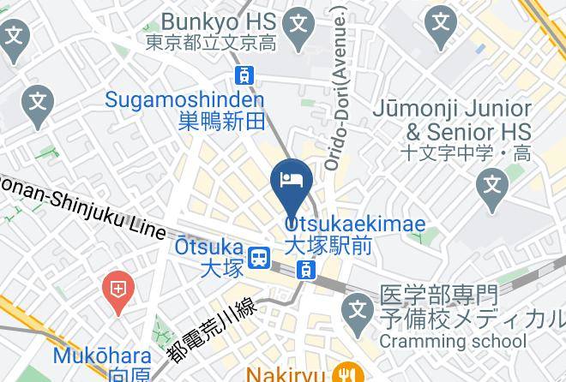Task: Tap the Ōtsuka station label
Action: click(205, 256)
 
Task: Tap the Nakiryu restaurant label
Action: click(284, 374)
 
